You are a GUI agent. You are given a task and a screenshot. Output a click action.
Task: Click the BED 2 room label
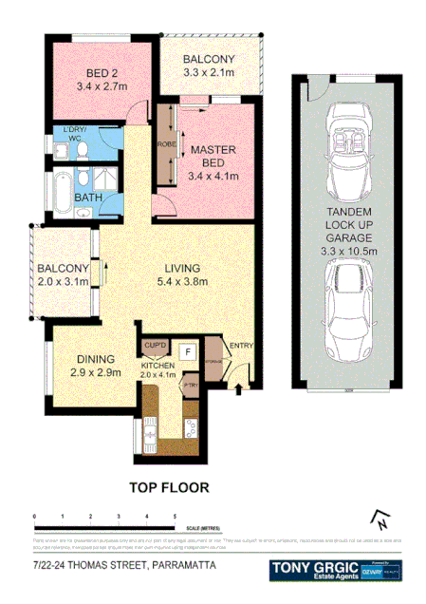pyautogui.click(x=101, y=74)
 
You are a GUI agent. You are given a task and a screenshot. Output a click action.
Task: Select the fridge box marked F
pyautogui.click(x=187, y=350)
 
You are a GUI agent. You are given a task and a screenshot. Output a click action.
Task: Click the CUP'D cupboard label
pyautogui.click(x=154, y=346)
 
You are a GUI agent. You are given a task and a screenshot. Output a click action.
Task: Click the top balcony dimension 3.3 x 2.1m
pyautogui.click(x=208, y=73)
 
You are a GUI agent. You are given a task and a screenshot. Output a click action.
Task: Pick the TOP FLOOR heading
pyautogui.click(x=169, y=488)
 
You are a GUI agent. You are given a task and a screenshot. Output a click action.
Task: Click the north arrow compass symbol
pyautogui.click(x=379, y=519)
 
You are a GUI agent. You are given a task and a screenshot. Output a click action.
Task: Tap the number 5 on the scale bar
pyautogui.click(x=175, y=515)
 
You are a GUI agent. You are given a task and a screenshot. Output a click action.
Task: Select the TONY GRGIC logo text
pyautogui.click(x=314, y=566)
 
